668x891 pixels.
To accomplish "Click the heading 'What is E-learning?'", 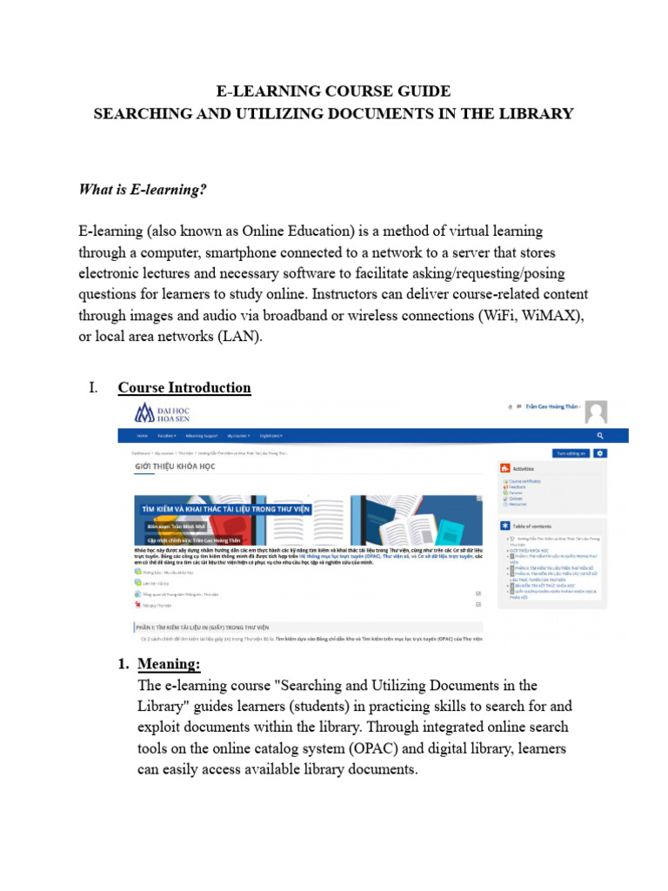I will tap(143, 189).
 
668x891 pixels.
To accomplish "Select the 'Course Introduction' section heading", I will tap(184, 387).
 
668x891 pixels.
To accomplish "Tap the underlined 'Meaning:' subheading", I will tap(169, 665).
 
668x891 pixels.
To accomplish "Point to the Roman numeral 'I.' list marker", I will tap(94, 387).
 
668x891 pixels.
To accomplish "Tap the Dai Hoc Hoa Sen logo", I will tap(162, 413).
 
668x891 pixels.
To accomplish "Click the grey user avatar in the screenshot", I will tap(595, 412).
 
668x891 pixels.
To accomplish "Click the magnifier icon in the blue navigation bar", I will tap(600, 435).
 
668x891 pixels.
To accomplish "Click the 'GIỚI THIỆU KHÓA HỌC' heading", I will tap(175, 466).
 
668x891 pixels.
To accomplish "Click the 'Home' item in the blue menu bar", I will tap(143, 435).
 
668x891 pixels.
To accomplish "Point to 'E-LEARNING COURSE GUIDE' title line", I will tap(333, 90).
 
